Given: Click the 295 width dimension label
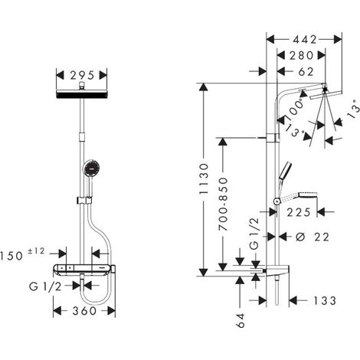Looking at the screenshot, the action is (82, 75).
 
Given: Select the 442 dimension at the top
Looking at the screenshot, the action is (305, 40).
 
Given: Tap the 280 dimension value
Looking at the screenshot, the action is (302, 55).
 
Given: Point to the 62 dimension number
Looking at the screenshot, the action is (306, 72).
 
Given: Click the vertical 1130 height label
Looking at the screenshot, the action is (204, 178).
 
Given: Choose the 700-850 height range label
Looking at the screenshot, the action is (223, 204).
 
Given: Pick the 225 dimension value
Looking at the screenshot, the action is (299, 212).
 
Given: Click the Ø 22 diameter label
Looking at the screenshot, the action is (313, 237).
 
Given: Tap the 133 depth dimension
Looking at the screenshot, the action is (325, 301).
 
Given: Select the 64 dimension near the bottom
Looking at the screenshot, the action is (241, 320).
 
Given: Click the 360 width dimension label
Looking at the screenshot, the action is (84, 311).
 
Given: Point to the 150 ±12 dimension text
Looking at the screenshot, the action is (22, 254).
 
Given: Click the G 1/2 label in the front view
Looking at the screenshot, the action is (45, 286).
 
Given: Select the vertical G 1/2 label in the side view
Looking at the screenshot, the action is (254, 234).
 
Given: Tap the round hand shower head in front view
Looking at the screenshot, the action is (91, 168).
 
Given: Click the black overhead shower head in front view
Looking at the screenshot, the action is (82, 94).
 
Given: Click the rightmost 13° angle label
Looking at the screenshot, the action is (354, 109).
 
